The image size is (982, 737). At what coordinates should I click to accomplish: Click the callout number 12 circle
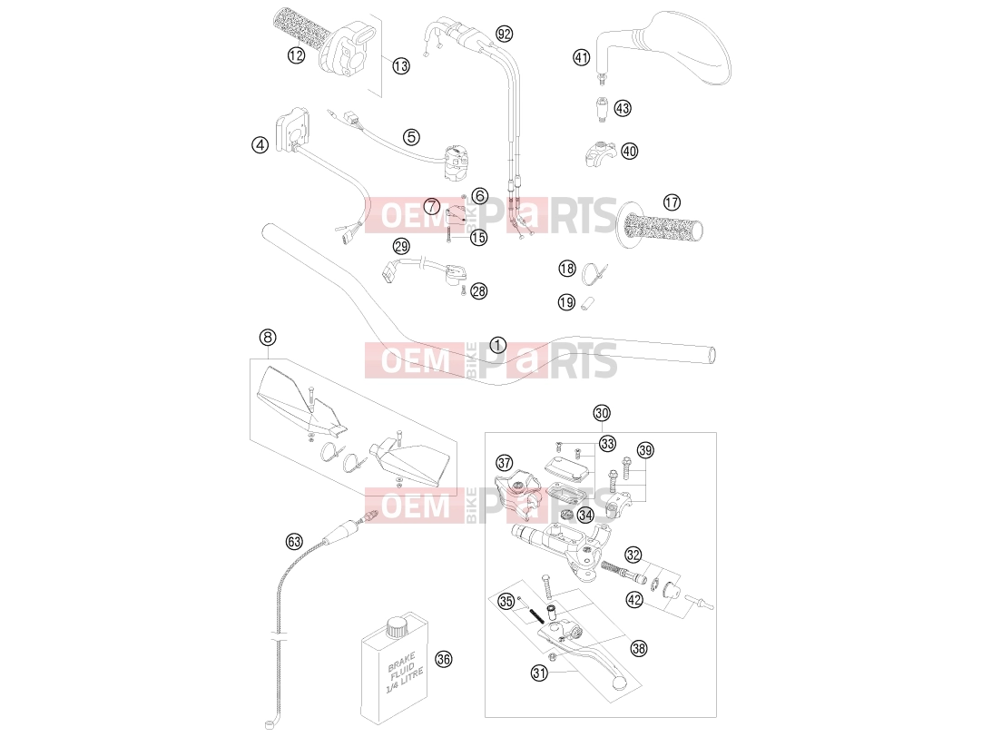296,55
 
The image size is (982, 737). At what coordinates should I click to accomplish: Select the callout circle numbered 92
504,34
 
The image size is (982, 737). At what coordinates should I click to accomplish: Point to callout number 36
444,659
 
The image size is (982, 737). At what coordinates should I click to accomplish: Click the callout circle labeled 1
498,345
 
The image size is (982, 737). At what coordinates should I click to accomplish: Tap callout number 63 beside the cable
294,542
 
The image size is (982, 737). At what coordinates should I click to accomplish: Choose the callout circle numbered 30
602,413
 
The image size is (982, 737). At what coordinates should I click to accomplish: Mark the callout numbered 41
582,57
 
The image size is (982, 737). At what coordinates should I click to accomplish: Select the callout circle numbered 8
268,338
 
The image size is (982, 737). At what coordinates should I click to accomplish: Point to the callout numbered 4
260,145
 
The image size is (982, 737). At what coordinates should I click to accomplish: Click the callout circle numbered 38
639,648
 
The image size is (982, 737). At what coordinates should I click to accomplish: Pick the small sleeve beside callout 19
588,304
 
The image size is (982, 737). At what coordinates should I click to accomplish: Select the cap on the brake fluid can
397,627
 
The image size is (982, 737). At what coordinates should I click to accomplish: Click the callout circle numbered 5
411,136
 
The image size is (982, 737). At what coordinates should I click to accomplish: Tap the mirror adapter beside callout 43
601,109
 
